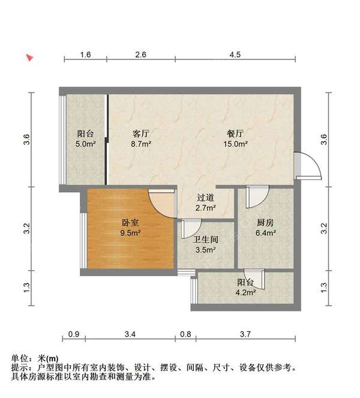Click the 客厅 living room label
141,133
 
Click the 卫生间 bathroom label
206,239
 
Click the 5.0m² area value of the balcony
85,144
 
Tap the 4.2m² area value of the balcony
245,293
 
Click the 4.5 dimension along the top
235,55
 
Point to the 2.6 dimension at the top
141,55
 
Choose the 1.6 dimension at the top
85,55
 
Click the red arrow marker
28,58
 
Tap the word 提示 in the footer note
20,367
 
